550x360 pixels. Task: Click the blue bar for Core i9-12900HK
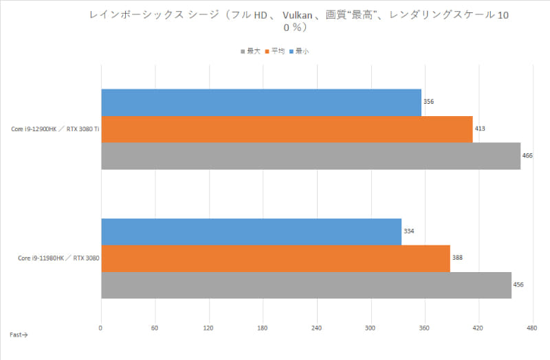click(261, 102)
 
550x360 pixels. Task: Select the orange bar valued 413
click(287, 129)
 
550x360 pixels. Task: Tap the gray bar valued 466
click(311, 156)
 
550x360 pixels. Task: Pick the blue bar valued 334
click(251, 232)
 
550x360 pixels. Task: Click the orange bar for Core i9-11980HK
click(275, 258)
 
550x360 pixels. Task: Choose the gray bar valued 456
click(306, 285)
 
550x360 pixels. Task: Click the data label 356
click(428, 102)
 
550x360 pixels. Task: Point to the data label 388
click(457, 258)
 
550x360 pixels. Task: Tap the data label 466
click(527, 156)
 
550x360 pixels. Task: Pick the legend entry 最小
click(301, 51)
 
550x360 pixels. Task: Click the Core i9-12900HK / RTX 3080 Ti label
click(55, 129)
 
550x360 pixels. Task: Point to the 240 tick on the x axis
click(316, 328)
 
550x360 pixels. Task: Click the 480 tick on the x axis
click(531, 328)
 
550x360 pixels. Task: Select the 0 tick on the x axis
click(101, 328)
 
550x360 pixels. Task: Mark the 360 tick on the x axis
click(424, 328)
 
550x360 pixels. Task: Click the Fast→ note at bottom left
click(19, 335)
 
